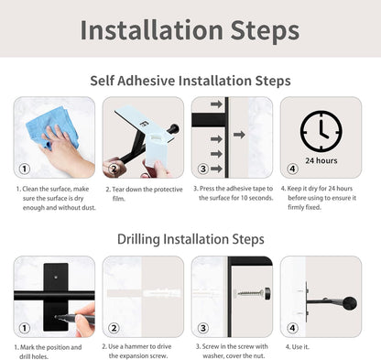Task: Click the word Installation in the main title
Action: (x=148, y=29)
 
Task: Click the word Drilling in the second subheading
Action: (x=144, y=239)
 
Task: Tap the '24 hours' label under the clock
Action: (x=321, y=159)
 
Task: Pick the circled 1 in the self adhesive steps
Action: (x=25, y=169)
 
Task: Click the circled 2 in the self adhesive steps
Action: (x=113, y=169)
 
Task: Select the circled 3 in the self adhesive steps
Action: (x=202, y=169)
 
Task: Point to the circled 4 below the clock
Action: (x=291, y=169)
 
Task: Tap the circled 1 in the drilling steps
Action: (x=25, y=328)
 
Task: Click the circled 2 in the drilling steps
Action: (x=114, y=328)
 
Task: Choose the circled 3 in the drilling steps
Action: (x=202, y=328)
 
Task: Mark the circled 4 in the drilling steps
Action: (x=291, y=328)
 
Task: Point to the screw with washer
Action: (x=250, y=293)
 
